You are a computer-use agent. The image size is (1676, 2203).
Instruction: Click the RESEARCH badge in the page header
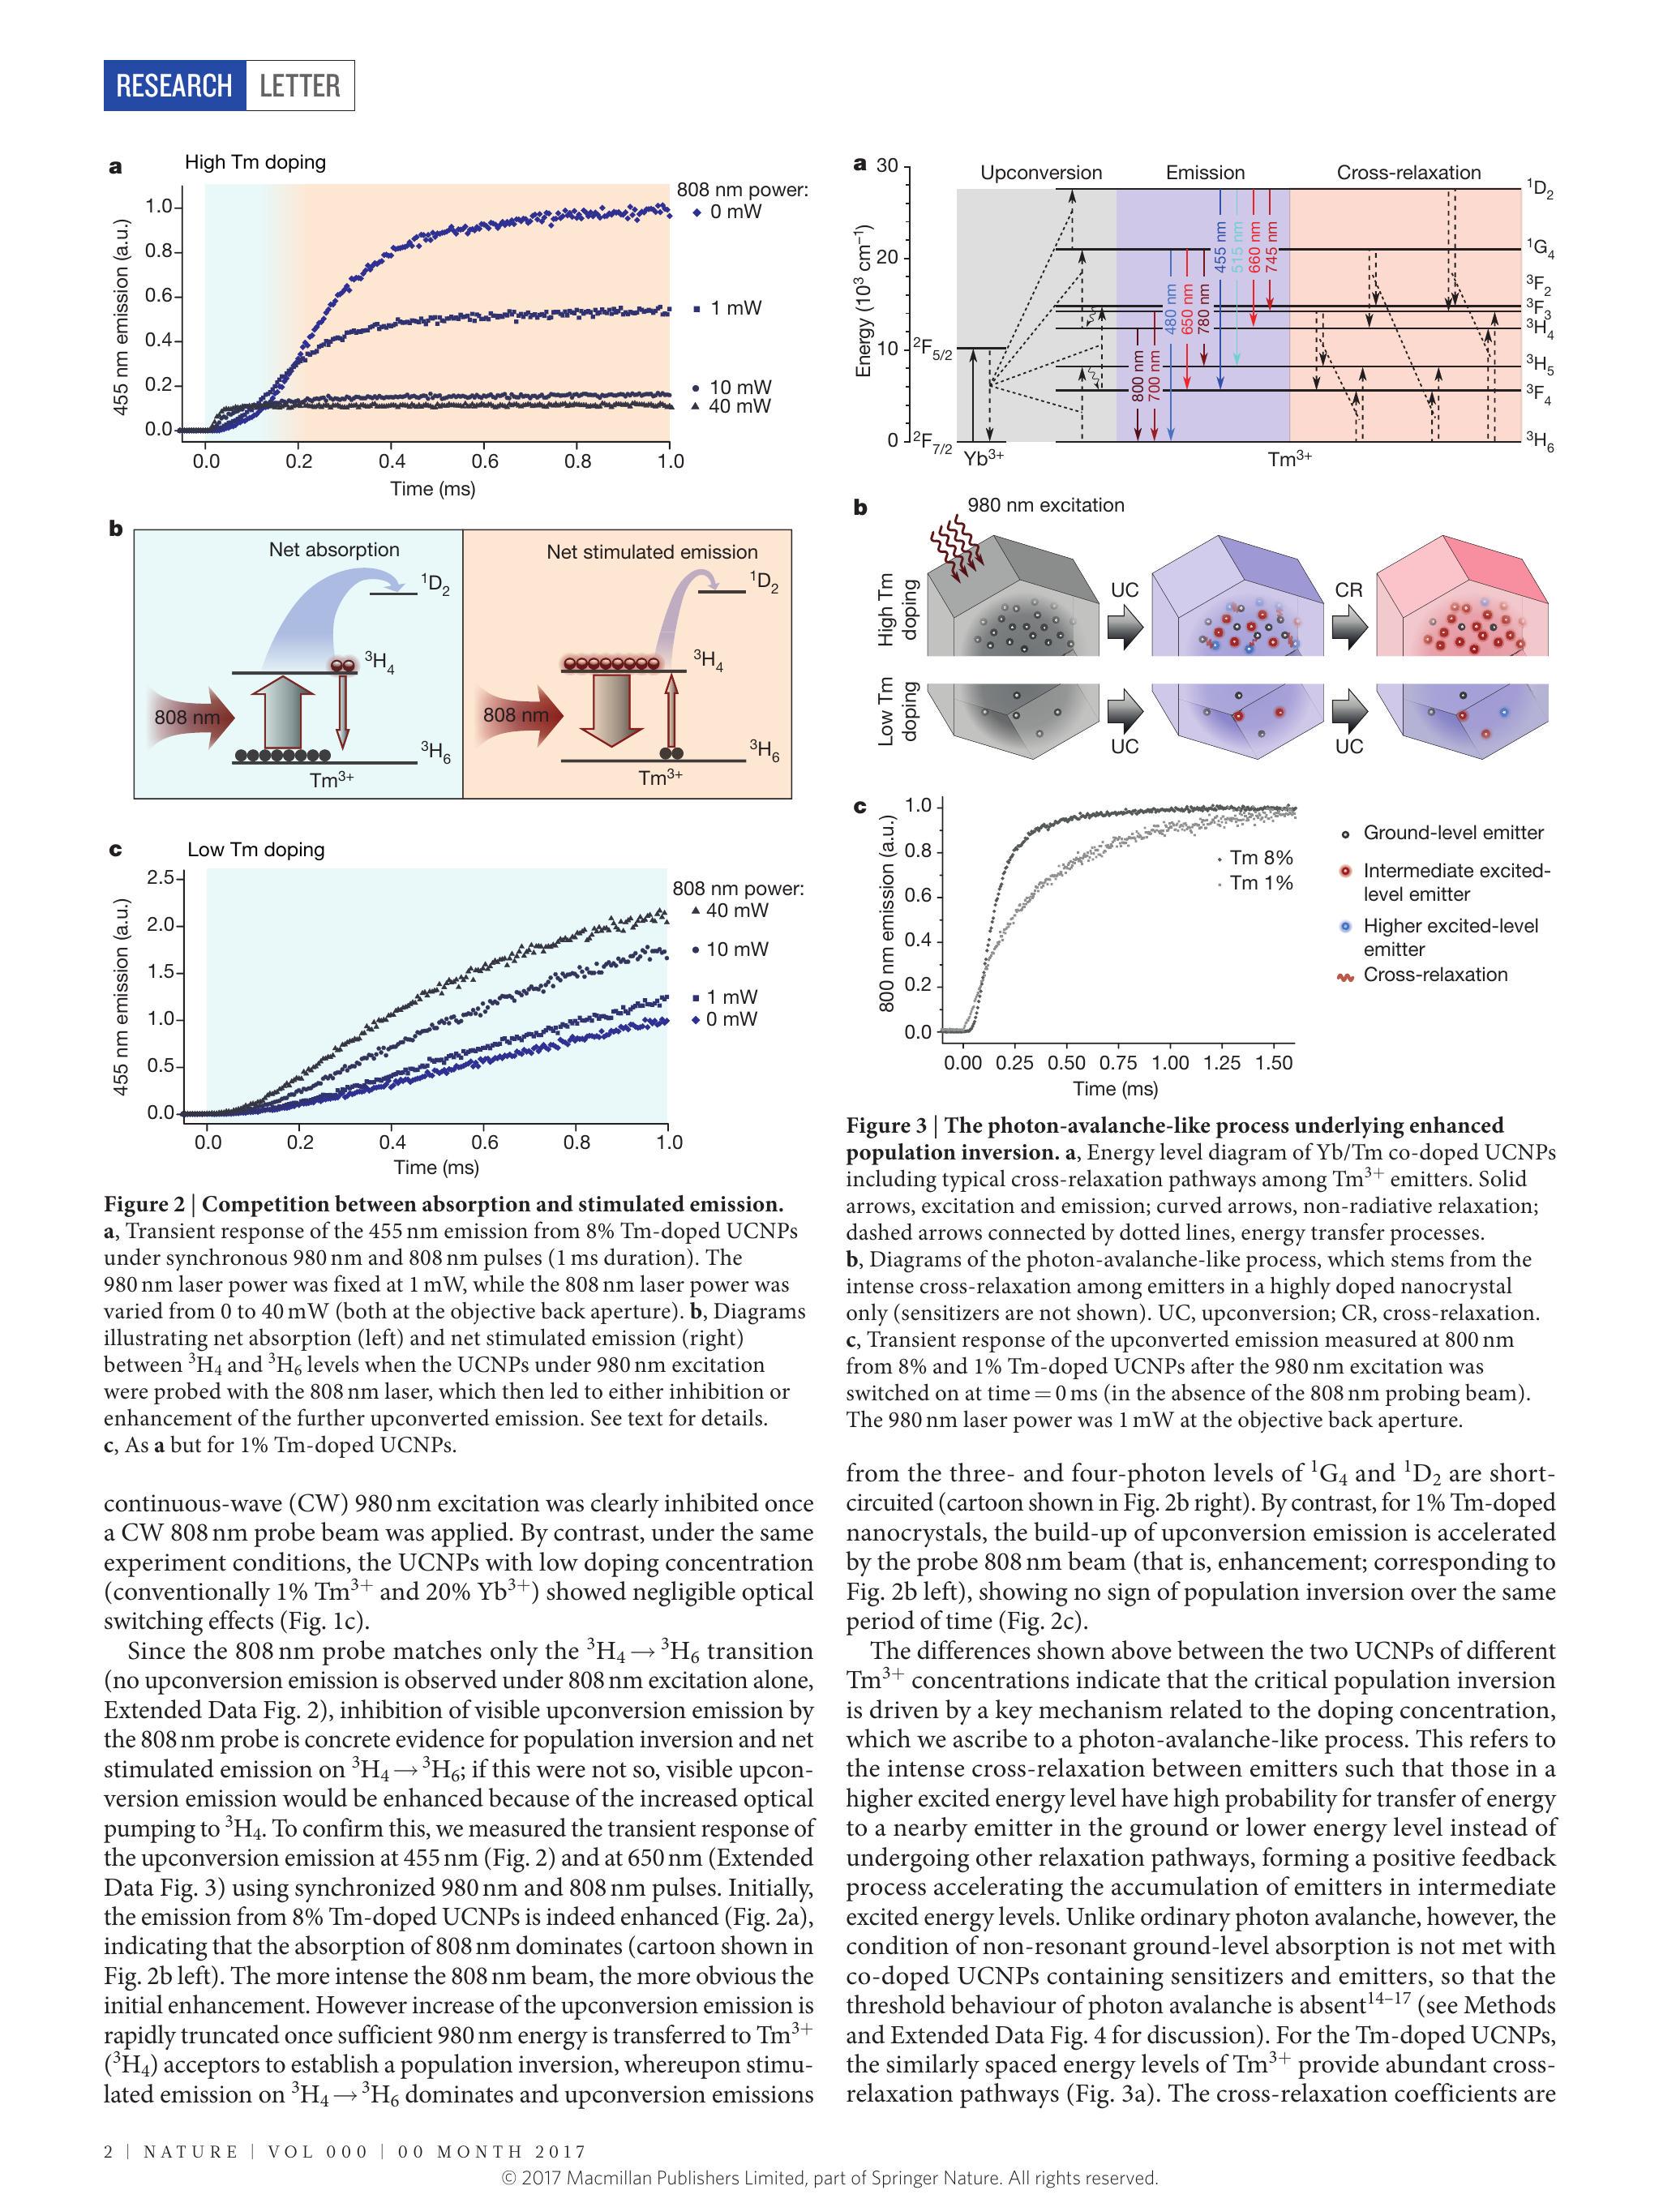pyautogui.click(x=174, y=86)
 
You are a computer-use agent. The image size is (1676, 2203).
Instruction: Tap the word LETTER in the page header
pyautogui.click(x=299, y=86)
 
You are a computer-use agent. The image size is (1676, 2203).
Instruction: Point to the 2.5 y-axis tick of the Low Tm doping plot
pyautogui.click(x=160, y=878)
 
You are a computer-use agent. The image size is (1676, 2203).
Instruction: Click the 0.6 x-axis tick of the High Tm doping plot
pyautogui.click(x=485, y=461)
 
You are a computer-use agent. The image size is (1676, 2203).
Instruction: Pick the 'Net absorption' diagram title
pyautogui.click(x=333, y=550)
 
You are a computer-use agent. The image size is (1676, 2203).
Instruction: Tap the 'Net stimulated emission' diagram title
pyautogui.click(x=651, y=551)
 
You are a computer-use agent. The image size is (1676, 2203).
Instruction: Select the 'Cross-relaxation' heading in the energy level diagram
pyautogui.click(x=1408, y=173)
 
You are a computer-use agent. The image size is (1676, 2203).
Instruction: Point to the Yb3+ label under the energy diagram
pyautogui.click(x=984, y=459)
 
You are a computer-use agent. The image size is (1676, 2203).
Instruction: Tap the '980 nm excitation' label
pyautogui.click(x=1044, y=506)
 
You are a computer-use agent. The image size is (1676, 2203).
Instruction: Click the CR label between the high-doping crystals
pyautogui.click(x=1348, y=589)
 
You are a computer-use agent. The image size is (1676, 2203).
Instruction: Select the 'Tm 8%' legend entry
pyautogui.click(x=1260, y=857)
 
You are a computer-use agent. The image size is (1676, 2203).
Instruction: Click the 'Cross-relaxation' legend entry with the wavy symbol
pyautogui.click(x=1434, y=975)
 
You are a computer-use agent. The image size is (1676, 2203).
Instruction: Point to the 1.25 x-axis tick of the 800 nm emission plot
pyautogui.click(x=1222, y=1063)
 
